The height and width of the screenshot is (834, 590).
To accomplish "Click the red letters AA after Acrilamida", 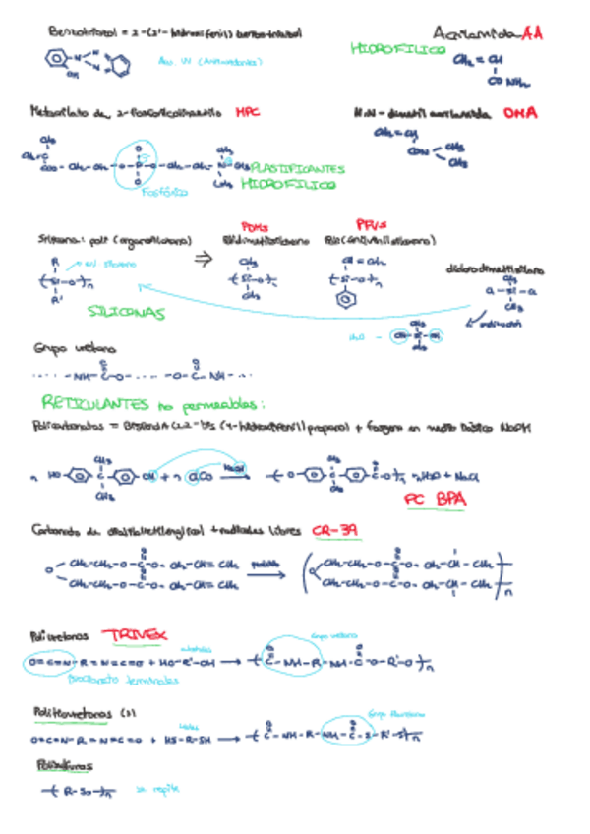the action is (x=532, y=32).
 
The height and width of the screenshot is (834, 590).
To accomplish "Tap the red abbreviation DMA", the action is (x=520, y=114).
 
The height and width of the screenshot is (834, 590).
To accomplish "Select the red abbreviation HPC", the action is (x=247, y=113).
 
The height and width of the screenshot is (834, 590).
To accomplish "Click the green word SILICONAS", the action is (x=125, y=313).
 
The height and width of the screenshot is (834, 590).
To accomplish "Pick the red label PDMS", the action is (x=254, y=225).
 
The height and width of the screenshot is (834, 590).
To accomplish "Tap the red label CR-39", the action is (x=336, y=531).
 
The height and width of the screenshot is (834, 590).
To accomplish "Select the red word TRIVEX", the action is (x=139, y=635).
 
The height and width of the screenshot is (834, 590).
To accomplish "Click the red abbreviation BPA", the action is (x=452, y=500).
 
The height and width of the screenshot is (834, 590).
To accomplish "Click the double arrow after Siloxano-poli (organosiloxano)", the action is (x=203, y=260).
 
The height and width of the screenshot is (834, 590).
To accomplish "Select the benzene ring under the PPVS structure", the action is (x=346, y=302).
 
